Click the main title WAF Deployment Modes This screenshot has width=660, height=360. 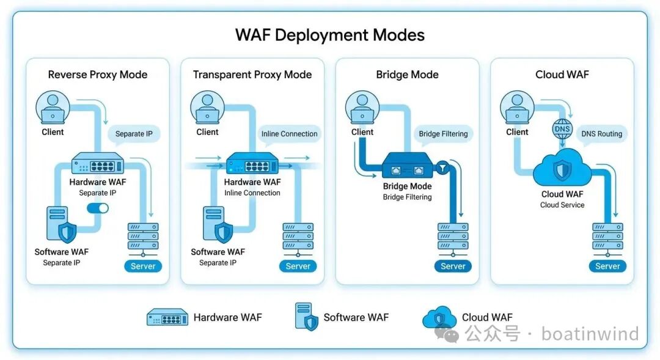tap(330, 35)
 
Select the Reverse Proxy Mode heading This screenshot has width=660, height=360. tap(98, 75)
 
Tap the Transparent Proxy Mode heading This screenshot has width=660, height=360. tap(252, 75)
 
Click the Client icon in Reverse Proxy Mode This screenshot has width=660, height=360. tap(53, 108)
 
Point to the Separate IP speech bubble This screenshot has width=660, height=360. tap(134, 134)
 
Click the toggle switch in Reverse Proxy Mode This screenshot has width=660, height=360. tap(97, 208)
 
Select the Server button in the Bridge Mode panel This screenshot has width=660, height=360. tap(453, 266)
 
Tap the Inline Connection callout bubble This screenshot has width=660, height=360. tap(289, 134)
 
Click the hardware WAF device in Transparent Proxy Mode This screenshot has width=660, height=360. tap(252, 164)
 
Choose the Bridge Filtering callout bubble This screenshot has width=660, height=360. tap(443, 134)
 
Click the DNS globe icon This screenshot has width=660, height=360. tap(562, 129)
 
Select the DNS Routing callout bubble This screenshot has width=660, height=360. tap(601, 134)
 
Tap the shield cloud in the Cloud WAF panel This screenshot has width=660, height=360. tap(562, 169)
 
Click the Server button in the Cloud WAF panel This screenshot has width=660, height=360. tap(607, 266)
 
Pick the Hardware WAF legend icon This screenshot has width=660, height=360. tap(167, 317)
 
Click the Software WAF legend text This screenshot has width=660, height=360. tap(356, 317)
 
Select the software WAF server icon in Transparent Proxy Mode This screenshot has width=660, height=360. tap(218, 224)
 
